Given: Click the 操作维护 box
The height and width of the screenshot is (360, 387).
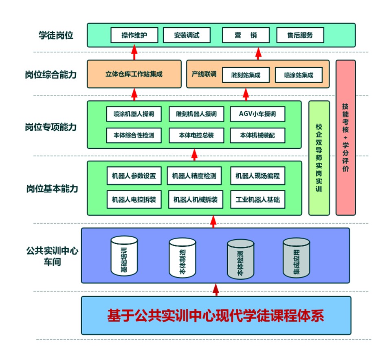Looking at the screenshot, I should tap(134, 35).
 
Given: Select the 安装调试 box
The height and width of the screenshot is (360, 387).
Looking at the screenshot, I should tap(187, 35).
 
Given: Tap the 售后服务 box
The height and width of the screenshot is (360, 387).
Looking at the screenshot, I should tap(300, 35).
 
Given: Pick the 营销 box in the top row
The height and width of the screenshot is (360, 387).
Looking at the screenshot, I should tap(246, 35).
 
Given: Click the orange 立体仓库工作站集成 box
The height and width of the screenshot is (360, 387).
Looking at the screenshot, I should tap(134, 74).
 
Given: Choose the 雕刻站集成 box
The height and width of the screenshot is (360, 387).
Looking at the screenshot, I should tap(245, 75).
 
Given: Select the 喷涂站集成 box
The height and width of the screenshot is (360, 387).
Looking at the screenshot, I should tap(299, 75).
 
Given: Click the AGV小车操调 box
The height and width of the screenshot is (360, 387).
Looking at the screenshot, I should tap(257, 114).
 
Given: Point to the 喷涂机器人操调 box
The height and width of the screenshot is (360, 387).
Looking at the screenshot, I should tap(134, 114).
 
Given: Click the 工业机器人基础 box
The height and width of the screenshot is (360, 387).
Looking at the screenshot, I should tap(257, 200).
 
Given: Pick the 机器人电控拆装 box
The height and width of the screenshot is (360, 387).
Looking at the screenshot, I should tap(134, 200).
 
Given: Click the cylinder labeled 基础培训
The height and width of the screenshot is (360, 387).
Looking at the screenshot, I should tap(124, 256).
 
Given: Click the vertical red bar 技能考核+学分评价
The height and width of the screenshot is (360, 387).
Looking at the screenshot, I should tap(345, 137).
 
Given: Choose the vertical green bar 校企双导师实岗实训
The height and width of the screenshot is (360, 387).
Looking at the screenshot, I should tap(319, 158).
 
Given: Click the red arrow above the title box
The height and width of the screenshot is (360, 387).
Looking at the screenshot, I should tap(215, 289).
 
